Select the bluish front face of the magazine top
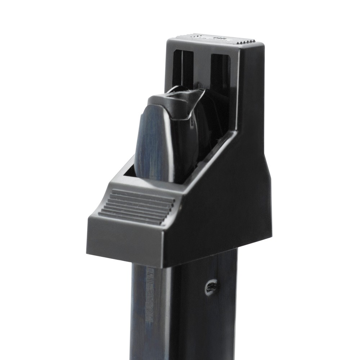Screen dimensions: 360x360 point(151,144)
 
